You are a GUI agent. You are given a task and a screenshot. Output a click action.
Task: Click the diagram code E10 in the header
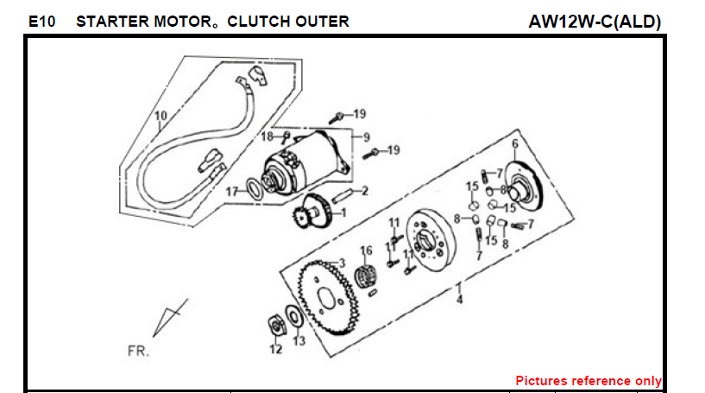[41, 22]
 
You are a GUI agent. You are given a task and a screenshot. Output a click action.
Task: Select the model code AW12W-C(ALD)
[595, 22]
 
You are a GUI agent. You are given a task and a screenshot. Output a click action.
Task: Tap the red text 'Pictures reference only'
[589, 380]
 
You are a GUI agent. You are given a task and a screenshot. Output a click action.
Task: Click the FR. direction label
[138, 352]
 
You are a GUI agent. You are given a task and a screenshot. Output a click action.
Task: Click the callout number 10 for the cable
[160, 116]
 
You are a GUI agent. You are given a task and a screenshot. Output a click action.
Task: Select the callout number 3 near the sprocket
[342, 263]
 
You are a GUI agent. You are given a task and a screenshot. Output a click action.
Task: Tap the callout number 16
[366, 250]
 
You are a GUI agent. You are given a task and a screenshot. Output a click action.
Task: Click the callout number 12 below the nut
[275, 350]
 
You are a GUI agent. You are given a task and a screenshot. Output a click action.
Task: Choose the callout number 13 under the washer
[299, 341]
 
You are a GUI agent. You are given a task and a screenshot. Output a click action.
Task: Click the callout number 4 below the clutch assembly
[460, 300]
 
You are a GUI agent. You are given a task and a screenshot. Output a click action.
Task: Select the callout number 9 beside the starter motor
[366, 136]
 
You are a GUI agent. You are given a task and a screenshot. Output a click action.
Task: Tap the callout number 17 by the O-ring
[231, 191]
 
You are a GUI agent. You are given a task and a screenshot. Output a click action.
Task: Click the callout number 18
[268, 136]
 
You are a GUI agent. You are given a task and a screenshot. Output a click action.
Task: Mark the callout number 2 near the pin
[365, 191]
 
